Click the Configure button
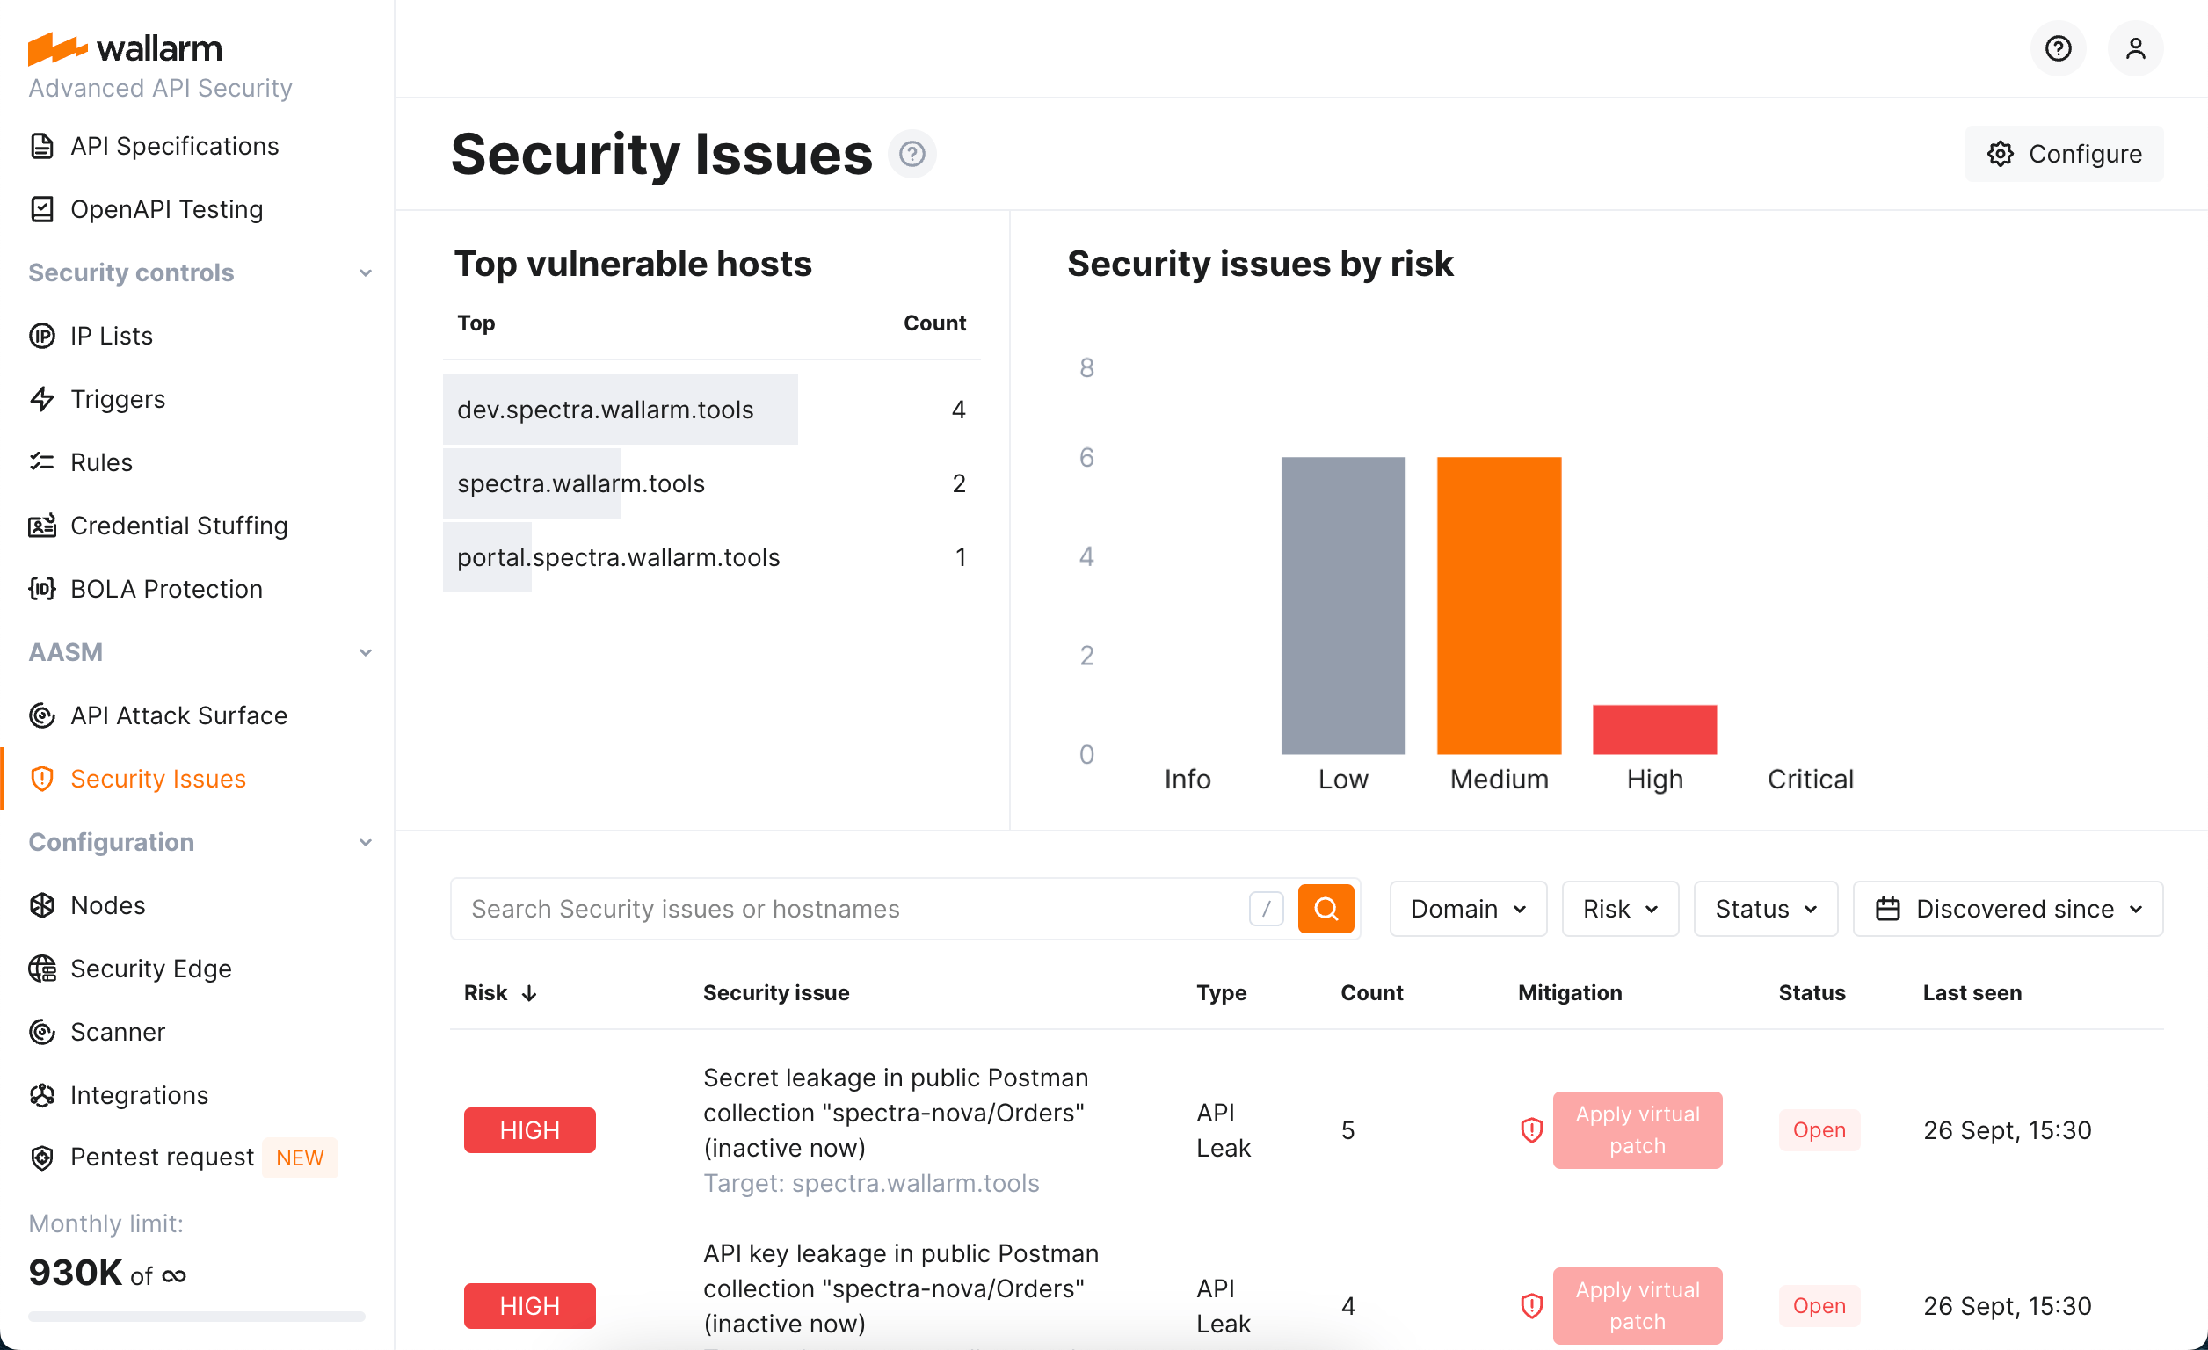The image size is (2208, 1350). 2064,154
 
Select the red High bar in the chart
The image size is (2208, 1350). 1654,729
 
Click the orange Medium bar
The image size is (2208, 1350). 1499,606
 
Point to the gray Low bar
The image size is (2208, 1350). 1342,606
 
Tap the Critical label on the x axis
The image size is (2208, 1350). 1809,780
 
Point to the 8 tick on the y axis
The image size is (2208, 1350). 1086,368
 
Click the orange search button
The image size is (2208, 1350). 1326,910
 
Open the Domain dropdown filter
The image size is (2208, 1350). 1467,910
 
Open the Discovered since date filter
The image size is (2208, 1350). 2008,910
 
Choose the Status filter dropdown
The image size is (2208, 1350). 1764,910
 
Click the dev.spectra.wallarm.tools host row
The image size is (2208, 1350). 605,410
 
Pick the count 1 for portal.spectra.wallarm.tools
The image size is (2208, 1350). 960,558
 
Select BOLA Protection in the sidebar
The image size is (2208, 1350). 166,589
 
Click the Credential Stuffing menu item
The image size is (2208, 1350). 178,526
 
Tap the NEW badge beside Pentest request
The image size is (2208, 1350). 300,1158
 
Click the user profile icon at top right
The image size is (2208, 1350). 2134,48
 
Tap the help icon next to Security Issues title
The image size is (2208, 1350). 912,154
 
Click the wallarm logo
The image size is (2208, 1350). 126,48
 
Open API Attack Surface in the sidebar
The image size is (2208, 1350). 178,715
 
